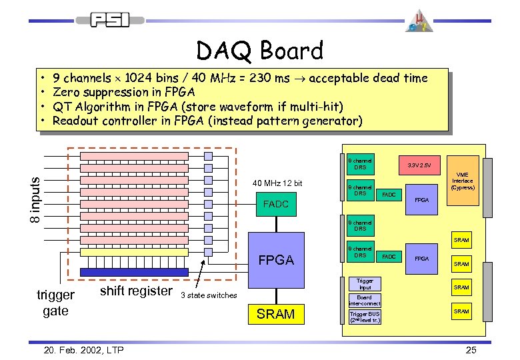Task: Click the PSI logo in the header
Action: coord(111,20)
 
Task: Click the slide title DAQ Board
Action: coord(259,51)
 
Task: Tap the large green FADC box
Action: coord(276,204)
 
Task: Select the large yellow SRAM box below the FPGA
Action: coord(275,314)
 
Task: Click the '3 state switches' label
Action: coord(209,295)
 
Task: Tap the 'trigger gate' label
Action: coord(55,303)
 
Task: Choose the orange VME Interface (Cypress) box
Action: coord(463,181)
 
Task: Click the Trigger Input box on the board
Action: coord(365,285)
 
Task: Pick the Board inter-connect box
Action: coord(365,301)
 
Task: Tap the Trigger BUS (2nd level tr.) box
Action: coord(365,317)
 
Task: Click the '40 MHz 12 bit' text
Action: coord(277,183)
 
